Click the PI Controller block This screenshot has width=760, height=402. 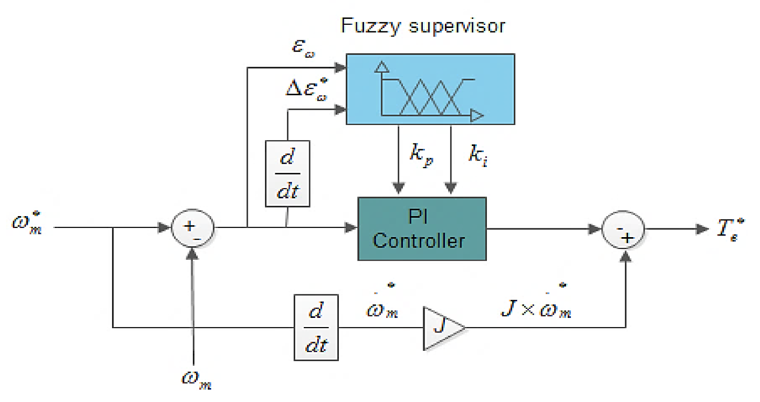tap(422, 228)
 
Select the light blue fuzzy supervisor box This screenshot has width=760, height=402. tap(429, 89)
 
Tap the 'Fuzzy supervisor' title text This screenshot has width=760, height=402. tap(423, 25)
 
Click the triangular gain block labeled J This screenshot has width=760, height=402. tap(441, 327)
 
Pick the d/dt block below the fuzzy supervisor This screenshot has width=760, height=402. tap(288, 173)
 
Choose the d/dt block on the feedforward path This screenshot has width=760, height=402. tap(317, 327)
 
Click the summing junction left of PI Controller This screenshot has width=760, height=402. tap(192, 228)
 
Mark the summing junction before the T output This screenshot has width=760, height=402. tap(625, 228)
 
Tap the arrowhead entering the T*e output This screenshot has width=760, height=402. tap(702, 228)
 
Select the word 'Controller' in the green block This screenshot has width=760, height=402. tap(419, 240)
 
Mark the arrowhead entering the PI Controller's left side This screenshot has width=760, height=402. tap(352, 228)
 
